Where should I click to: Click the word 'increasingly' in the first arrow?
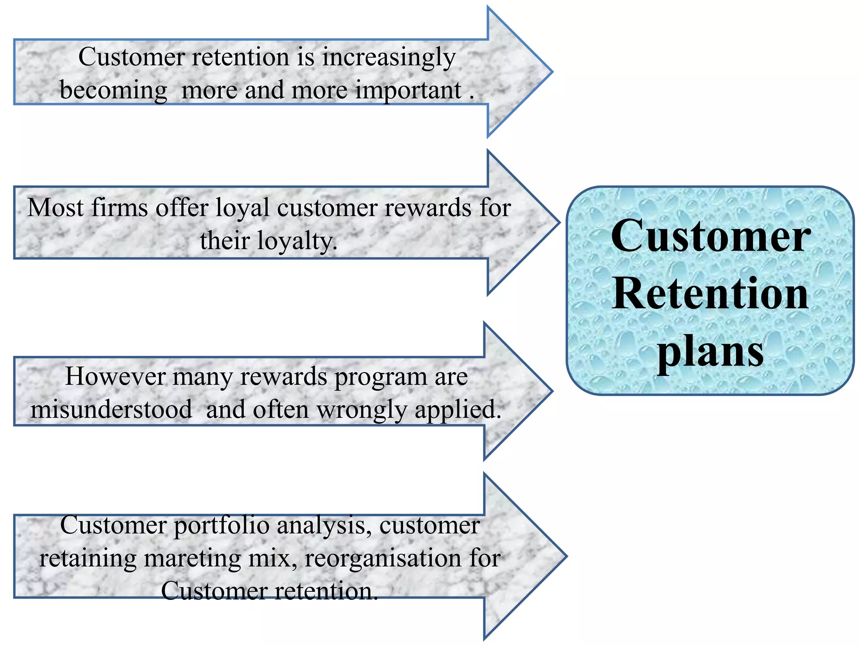pos(389,58)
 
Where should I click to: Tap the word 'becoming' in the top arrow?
pos(114,90)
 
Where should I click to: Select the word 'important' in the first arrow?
pos(408,90)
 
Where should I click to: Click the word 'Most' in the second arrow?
pos(55,208)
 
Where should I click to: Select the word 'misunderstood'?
pos(111,410)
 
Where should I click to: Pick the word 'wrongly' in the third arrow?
pos(362,410)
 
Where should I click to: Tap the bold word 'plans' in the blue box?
pos(710,352)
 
